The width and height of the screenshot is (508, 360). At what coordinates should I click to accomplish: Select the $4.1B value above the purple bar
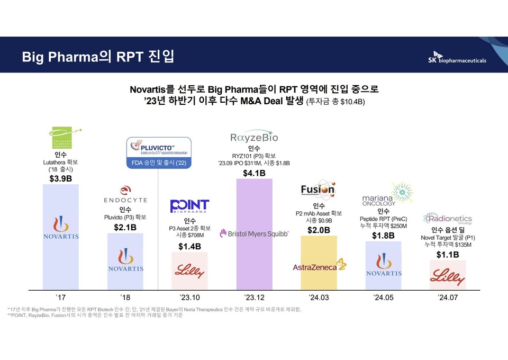(255, 173)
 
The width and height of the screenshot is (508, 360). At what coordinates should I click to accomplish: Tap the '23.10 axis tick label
(189, 298)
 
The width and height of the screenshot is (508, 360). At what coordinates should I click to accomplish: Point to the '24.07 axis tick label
(447, 298)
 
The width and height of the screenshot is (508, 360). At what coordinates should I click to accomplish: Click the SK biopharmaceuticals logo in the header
(459, 57)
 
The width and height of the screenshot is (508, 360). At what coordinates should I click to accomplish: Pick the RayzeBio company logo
(255, 138)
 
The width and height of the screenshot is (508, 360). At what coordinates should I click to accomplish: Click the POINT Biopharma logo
(189, 206)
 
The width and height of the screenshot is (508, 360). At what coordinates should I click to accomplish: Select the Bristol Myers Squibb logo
(255, 232)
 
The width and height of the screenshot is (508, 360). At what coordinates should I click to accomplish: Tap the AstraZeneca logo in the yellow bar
(319, 266)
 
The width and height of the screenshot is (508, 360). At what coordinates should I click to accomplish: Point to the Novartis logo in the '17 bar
(60, 228)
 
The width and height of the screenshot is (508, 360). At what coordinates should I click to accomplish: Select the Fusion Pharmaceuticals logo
(318, 191)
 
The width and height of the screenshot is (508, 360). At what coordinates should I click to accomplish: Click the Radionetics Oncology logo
(447, 219)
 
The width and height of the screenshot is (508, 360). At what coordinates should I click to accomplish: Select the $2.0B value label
(319, 230)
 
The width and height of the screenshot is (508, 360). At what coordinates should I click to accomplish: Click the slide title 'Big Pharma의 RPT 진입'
(98, 57)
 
